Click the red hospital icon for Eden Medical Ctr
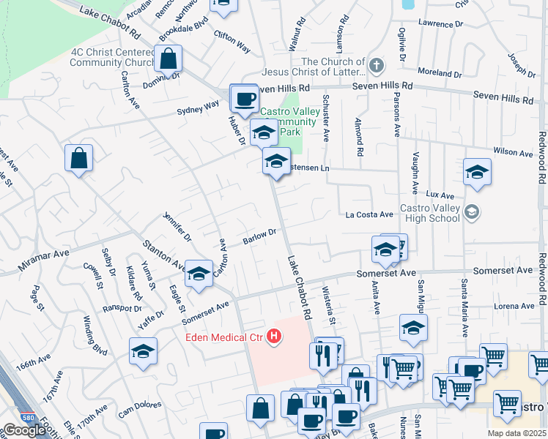274,337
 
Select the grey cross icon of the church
377,67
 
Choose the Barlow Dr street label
259,236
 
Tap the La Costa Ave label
370,215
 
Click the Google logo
24,430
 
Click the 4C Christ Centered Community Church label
113,57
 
